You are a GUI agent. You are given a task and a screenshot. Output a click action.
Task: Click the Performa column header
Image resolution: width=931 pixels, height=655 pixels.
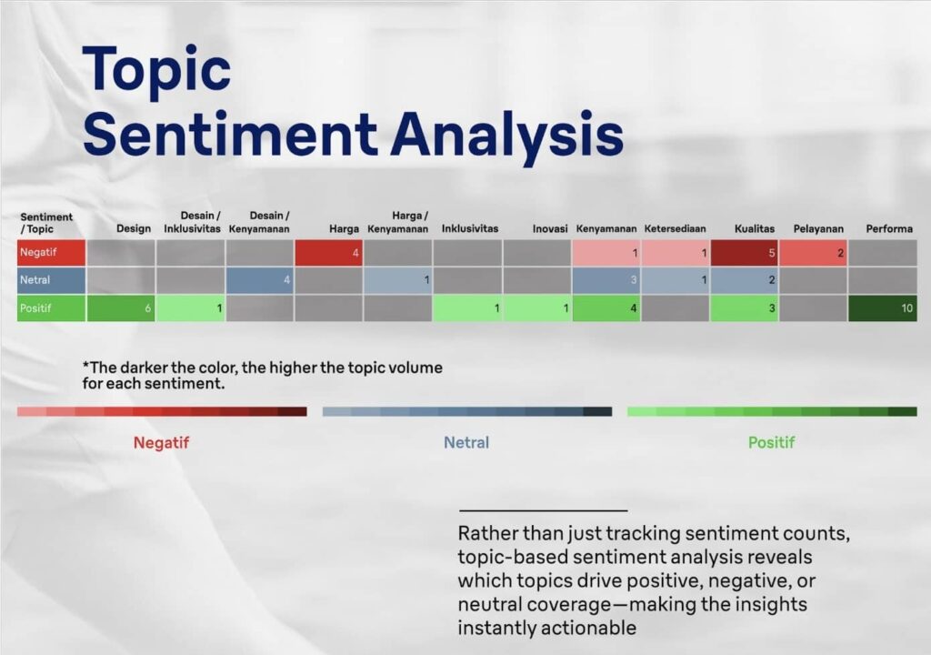(x=889, y=229)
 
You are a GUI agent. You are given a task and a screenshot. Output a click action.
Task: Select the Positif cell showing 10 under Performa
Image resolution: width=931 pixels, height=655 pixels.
(x=883, y=307)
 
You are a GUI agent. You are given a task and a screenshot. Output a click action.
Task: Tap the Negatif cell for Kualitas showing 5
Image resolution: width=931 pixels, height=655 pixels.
(x=745, y=253)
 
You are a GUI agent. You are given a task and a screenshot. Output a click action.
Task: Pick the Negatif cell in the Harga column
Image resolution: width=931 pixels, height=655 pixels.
(x=328, y=253)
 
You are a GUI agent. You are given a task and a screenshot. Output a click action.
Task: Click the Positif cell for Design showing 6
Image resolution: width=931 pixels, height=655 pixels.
(x=121, y=307)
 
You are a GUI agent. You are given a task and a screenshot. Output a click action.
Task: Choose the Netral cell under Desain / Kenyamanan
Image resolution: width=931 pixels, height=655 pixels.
(x=259, y=280)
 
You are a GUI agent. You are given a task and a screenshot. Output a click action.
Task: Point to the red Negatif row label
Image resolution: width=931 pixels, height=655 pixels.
(x=51, y=253)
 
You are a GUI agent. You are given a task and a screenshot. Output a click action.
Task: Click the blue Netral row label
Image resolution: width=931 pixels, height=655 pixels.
(x=51, y=280)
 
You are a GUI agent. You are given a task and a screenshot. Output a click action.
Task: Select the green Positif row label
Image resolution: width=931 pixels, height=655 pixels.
(x=51, y=307)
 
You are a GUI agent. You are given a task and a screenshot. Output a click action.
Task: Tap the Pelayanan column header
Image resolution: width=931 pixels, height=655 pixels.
(x=818, y=229)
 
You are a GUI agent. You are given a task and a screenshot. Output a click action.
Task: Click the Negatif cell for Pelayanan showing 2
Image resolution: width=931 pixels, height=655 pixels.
(x=814, y=253)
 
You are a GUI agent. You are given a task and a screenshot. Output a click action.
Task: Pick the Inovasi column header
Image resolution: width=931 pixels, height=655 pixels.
(x=550, y=229)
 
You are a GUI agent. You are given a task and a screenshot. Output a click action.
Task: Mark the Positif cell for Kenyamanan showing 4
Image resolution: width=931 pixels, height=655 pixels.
(x=606, y=307)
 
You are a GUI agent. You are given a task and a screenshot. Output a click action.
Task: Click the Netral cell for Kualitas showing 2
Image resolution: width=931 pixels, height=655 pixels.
(x=745, y=280)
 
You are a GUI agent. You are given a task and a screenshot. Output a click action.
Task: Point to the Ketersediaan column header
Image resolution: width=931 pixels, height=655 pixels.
(x=676, y=229)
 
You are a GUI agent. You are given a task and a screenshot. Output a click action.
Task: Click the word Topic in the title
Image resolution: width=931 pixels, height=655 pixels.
(x=156, y=71)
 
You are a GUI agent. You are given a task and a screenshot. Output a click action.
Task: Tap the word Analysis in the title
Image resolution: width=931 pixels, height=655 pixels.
(x=506, y=136)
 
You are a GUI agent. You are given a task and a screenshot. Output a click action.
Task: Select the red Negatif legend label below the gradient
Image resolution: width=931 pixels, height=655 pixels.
(x=161, y=443)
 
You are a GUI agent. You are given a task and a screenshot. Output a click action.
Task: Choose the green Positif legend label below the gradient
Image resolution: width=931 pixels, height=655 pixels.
(x=771, y=443)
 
